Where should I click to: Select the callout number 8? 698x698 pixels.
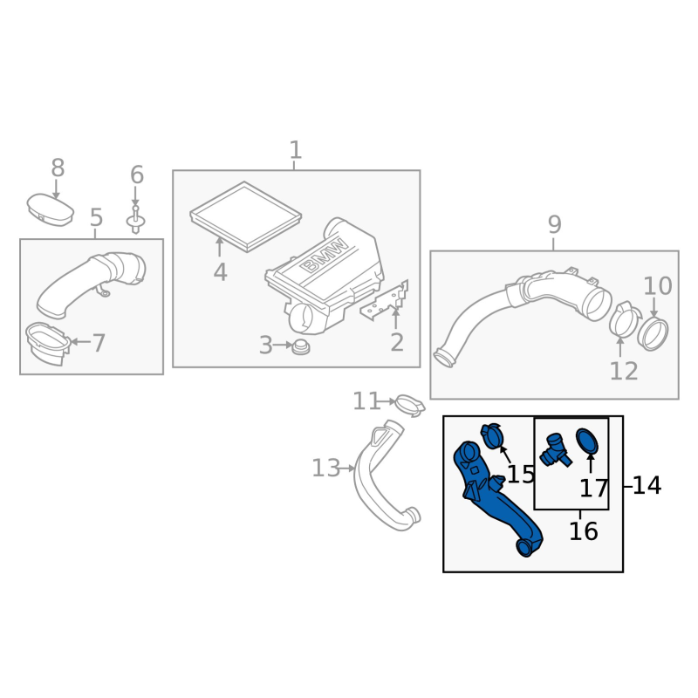point(58,167)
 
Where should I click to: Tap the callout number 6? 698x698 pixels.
point(136,174)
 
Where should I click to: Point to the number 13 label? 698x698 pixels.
point(325,469)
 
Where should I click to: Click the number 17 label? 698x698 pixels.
point(593,489)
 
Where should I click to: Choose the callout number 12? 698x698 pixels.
point(624,371)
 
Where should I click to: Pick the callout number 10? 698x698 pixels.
point(658,285)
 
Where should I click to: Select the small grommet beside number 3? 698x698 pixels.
point(302,347)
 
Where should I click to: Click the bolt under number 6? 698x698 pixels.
point(136,220)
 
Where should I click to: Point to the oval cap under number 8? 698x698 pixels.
point(50,209)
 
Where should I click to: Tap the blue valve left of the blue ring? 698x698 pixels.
point(552,448)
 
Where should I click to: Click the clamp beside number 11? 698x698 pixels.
point(408,404)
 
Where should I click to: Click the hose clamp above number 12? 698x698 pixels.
point(623,319)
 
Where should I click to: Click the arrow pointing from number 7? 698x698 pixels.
point(79,342)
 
